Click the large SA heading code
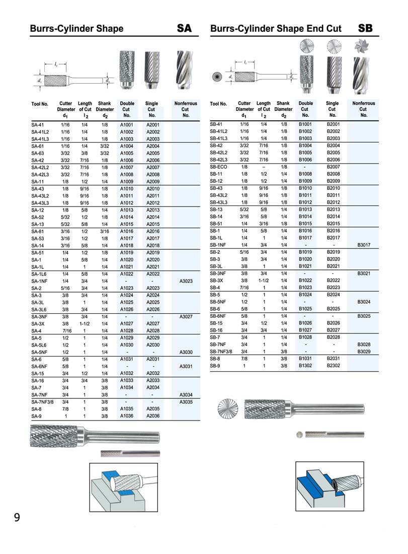click(184, 28)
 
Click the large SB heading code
click(365, 28)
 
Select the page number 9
click(17, 517)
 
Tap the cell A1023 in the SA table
click(127, 288)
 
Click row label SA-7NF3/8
click(42, 402)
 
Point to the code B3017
click(364, 245)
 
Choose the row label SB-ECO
click(219, 167)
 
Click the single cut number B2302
click(333, 366)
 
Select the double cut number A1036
click(127, 417)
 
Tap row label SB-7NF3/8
click(222, 351)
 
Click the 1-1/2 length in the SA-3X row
click(85, 324)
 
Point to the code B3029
click(364, 351)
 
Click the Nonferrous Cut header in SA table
click(185, 109)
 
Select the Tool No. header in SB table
click(218, 104)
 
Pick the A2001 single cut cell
click(152, 124)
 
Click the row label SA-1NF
click(40, 281)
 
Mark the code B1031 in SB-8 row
click(305, 358)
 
